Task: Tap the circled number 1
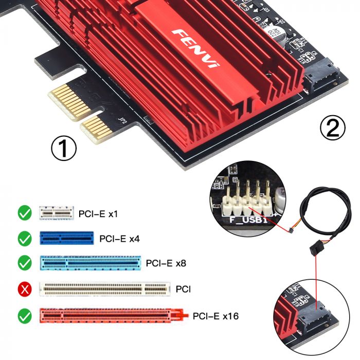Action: point(64,149)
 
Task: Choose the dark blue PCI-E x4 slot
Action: point(67,238)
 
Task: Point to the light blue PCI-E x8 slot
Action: point(90,263)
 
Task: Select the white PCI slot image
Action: point(105,289)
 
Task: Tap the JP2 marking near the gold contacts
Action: point(122,121)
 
